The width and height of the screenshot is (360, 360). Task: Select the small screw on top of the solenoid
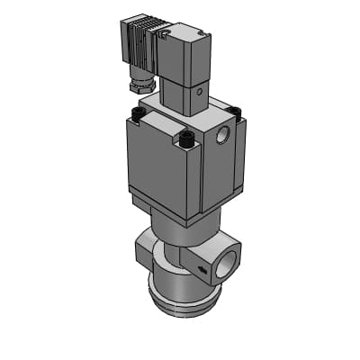165,33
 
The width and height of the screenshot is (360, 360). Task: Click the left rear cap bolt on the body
138,114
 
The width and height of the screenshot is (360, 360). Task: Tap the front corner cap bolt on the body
187,139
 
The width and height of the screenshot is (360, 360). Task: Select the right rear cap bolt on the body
236,112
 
